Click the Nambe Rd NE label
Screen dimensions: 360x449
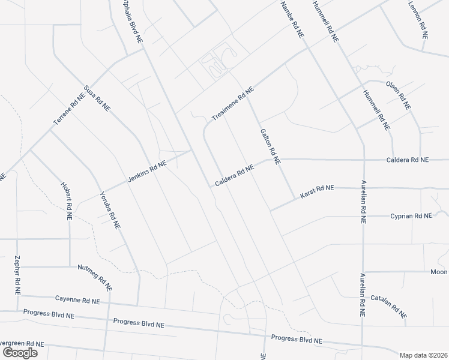point(293,20)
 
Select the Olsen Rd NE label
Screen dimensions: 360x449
point(399,95)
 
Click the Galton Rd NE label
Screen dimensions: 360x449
point(270,146)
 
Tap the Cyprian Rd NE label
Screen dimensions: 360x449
point(411,215)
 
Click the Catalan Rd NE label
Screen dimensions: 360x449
point(388,306)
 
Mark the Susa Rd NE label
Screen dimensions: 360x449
point(98,98)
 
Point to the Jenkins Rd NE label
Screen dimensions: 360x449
point(146,172)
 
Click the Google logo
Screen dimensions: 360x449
point(20,353)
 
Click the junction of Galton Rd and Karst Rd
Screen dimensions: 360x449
point(294,199)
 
